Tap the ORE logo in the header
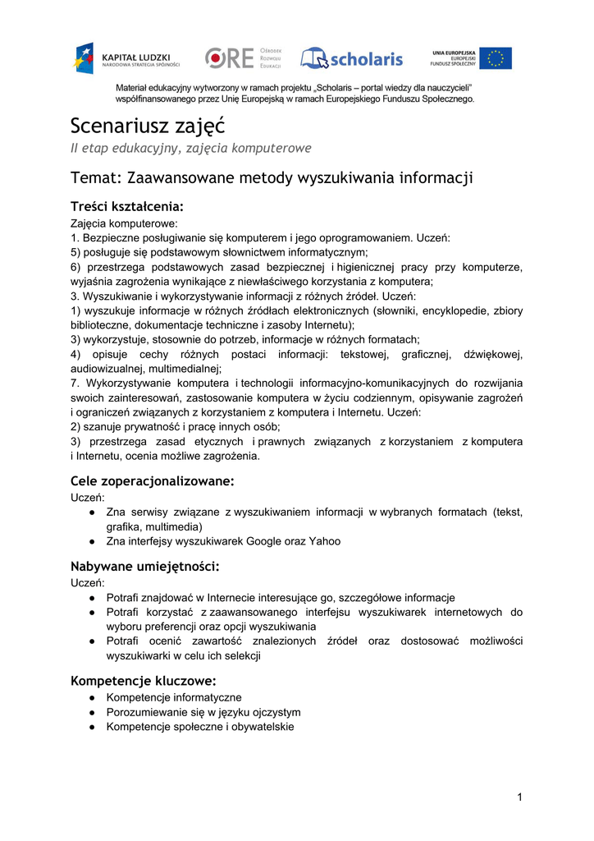(x=243, y=58)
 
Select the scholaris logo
(x=352, y=58)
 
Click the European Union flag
(x=496, y=58)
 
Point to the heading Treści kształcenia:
(x=126, y=205)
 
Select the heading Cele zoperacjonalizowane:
(x=153, y=480)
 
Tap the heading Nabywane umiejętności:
(x=145, y=567)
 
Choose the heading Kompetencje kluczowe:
(x=144, y=680)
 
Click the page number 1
(x=519, y=797)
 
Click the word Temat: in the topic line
(x=97, y=177)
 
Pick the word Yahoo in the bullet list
(x=323, y=541)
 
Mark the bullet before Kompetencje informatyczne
(x=94, y=697)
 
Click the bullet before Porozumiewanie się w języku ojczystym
(x=94, y=712)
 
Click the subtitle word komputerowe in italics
(x=268, y=148)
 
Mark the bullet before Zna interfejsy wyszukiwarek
(x=94, y=541)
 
